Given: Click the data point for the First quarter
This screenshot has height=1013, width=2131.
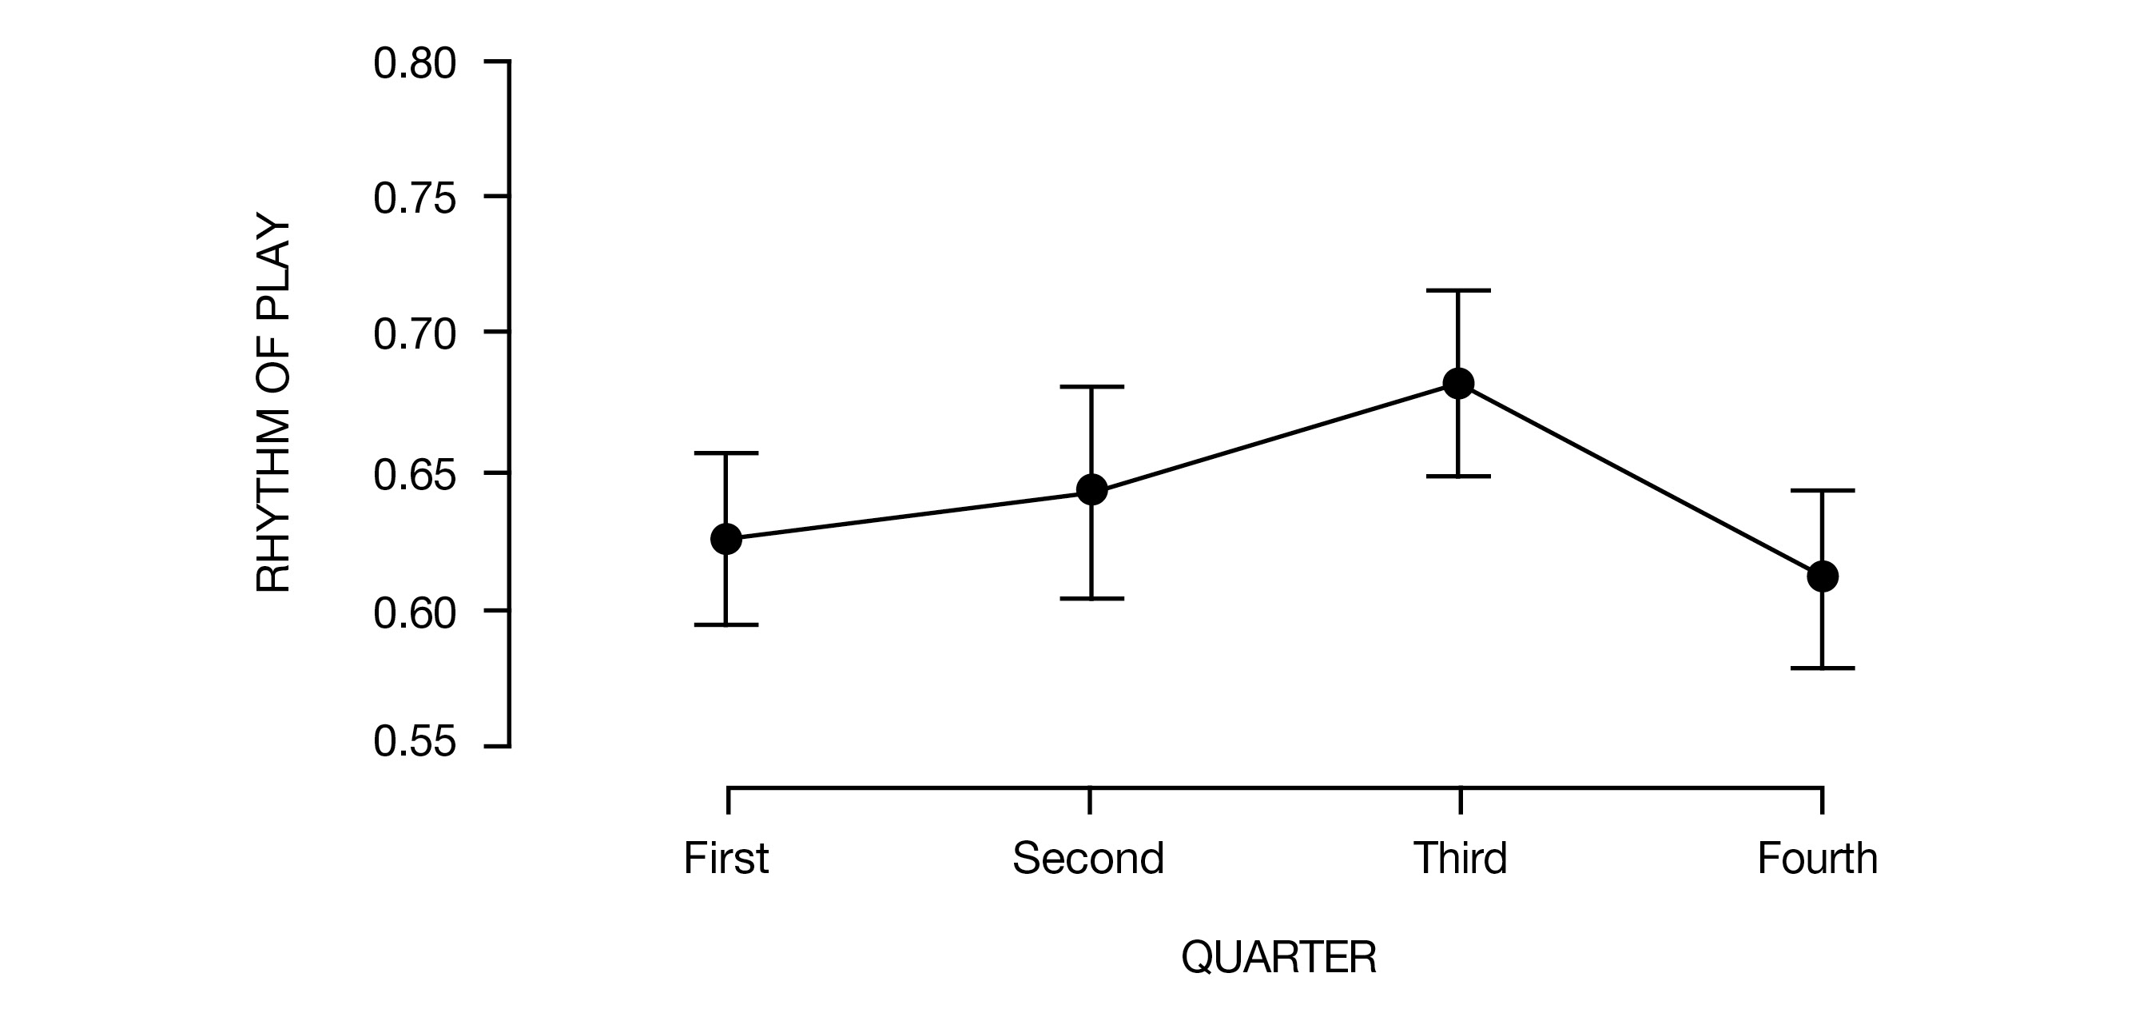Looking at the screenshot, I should tap(726, 539).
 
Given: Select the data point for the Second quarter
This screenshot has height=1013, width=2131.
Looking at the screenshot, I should tap(1092, 490).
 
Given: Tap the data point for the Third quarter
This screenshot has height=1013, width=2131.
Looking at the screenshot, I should tap(1457, 383).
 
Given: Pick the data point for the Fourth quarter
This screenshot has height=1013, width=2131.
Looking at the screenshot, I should tap(1823, 576).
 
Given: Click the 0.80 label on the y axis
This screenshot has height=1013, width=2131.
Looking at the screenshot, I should tap(415, 64).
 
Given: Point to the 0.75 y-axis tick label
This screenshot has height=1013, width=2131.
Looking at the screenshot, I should tap(415, 198).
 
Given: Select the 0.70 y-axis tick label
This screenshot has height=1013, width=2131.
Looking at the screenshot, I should tap(415, 334).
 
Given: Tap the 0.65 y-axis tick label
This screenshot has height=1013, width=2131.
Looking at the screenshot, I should tap(415, 475).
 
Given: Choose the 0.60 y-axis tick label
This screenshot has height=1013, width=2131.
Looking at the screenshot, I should tap(415, 613).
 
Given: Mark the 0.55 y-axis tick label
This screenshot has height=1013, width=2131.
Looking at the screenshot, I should tap(415, 741).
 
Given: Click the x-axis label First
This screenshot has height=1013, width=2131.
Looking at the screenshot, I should tap(726, 858).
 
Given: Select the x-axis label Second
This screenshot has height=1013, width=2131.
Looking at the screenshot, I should tap(1087, 858).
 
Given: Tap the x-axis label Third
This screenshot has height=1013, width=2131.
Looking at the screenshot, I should tap(1460, 858).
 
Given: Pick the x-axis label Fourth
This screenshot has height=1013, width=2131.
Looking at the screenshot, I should tap(1818, 858).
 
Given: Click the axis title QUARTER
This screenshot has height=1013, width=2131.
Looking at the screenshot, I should tap(1279, 958).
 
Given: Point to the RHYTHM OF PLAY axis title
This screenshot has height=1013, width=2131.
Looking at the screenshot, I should tap(274, 405).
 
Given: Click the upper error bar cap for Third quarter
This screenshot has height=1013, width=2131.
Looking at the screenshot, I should tap(1457, 290).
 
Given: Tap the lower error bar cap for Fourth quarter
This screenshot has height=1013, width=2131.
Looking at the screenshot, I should tap(1823, 668).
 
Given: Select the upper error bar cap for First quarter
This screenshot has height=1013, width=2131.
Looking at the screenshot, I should tap(726, 453).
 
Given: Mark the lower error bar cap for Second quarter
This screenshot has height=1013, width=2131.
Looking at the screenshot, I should tap(1092, 598).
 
